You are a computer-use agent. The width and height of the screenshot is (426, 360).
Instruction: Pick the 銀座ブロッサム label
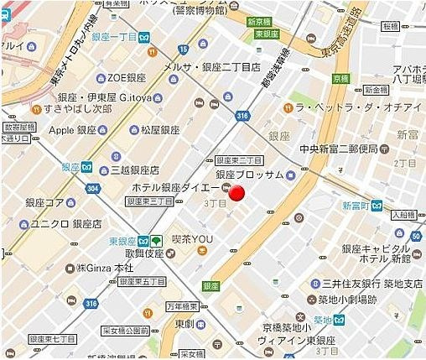point(249,175)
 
